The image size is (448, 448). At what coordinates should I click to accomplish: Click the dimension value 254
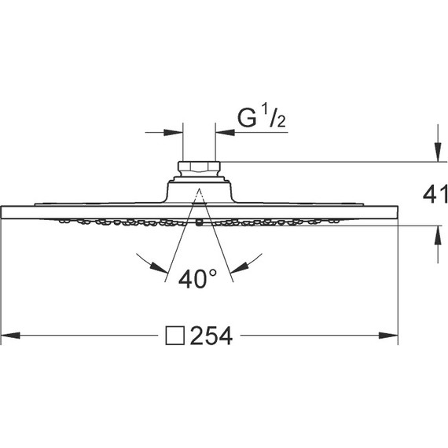pyautogui.click(x=211, y=336)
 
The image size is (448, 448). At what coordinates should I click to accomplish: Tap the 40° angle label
pyautogui.click(x=197, y=278)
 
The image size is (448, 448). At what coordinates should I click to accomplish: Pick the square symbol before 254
pyautogui.click(x=175, y=336)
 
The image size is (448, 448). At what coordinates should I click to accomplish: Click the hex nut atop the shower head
pyautogui.click(x=198, y=167)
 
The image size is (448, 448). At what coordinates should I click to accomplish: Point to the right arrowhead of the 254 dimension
pyautogui.click(x=393, y=336)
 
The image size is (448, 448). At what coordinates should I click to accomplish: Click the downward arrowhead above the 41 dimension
pyautogui.click(x=438, y=155)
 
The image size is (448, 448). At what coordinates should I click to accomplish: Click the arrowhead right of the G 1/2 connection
pyautogui.click(x=222, y=132)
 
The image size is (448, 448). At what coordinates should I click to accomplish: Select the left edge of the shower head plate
pyautogui.click(x=2, y=213)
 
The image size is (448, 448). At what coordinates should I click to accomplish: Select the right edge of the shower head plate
pyautogui.click(x=398, y=213)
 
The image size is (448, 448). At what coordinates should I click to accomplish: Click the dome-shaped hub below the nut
pyautogui.click(x=198, y=191)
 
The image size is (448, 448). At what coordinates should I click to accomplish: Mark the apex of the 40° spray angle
pyautogui.click(x=198, y=189)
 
